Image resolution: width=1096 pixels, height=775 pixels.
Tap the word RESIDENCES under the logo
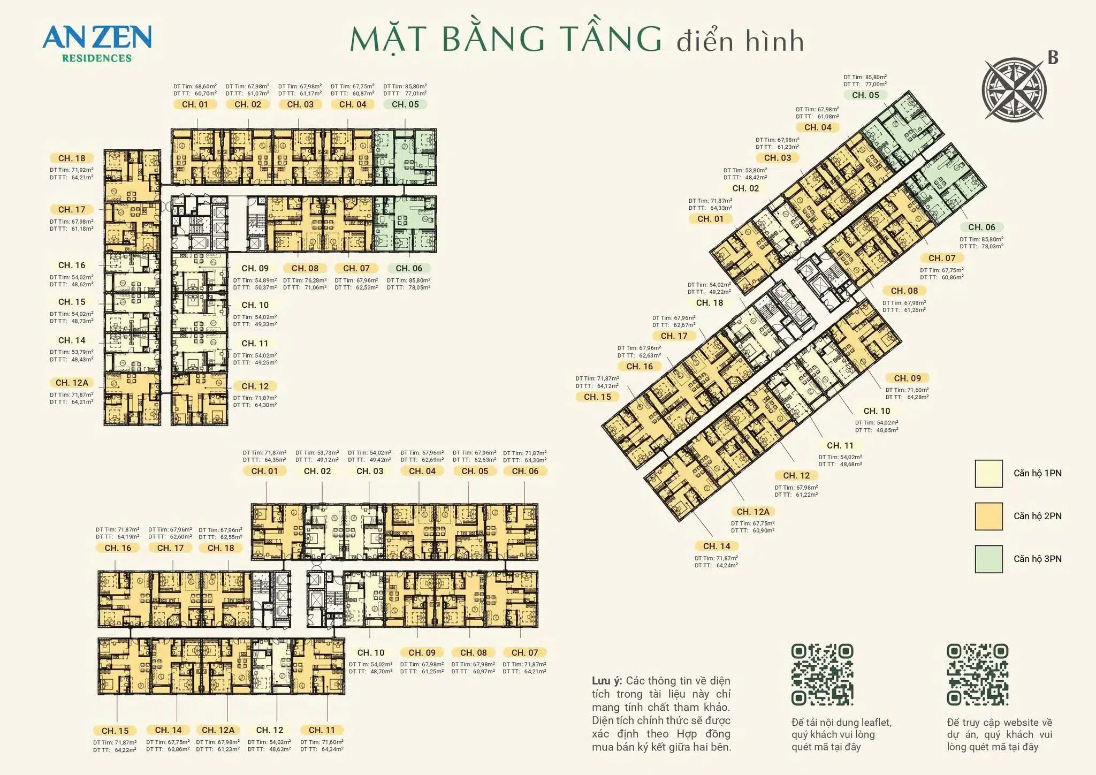pyautogui.click(x=97, y=58)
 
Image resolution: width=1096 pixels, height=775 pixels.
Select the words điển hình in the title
pyautogui.click(x=740, y=42)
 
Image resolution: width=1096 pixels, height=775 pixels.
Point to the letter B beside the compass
pyautogui.click(x=1053, y=58)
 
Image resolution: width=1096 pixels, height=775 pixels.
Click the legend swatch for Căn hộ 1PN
pyautogui.click(x=988, y=473)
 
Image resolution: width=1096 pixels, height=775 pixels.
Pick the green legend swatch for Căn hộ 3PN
pyautogui.click(x=988, y=559)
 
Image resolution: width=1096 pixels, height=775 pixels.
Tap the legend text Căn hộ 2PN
pyautogui.click(x=1037, y=516)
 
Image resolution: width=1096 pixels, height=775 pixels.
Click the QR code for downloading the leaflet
pyautogui.click(x=822, y=674)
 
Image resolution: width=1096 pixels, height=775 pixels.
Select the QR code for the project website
pyautogui.click(x=978, y=674)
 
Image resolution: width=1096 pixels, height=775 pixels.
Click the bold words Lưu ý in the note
pyautogui.click(x=606, y=681)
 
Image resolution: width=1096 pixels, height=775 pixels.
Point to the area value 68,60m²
pyautogui.click(x=205, y=86)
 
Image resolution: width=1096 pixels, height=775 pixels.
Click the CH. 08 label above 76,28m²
pyautogui.click(x=305, y=268)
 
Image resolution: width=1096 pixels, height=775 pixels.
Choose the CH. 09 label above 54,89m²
pyautogui.click(x=255, y=268)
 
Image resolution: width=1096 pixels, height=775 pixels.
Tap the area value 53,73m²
pyautogui.click(x=328, y=453)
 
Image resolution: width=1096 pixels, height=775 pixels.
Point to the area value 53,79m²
pyautogui.click(x=82, y=352)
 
